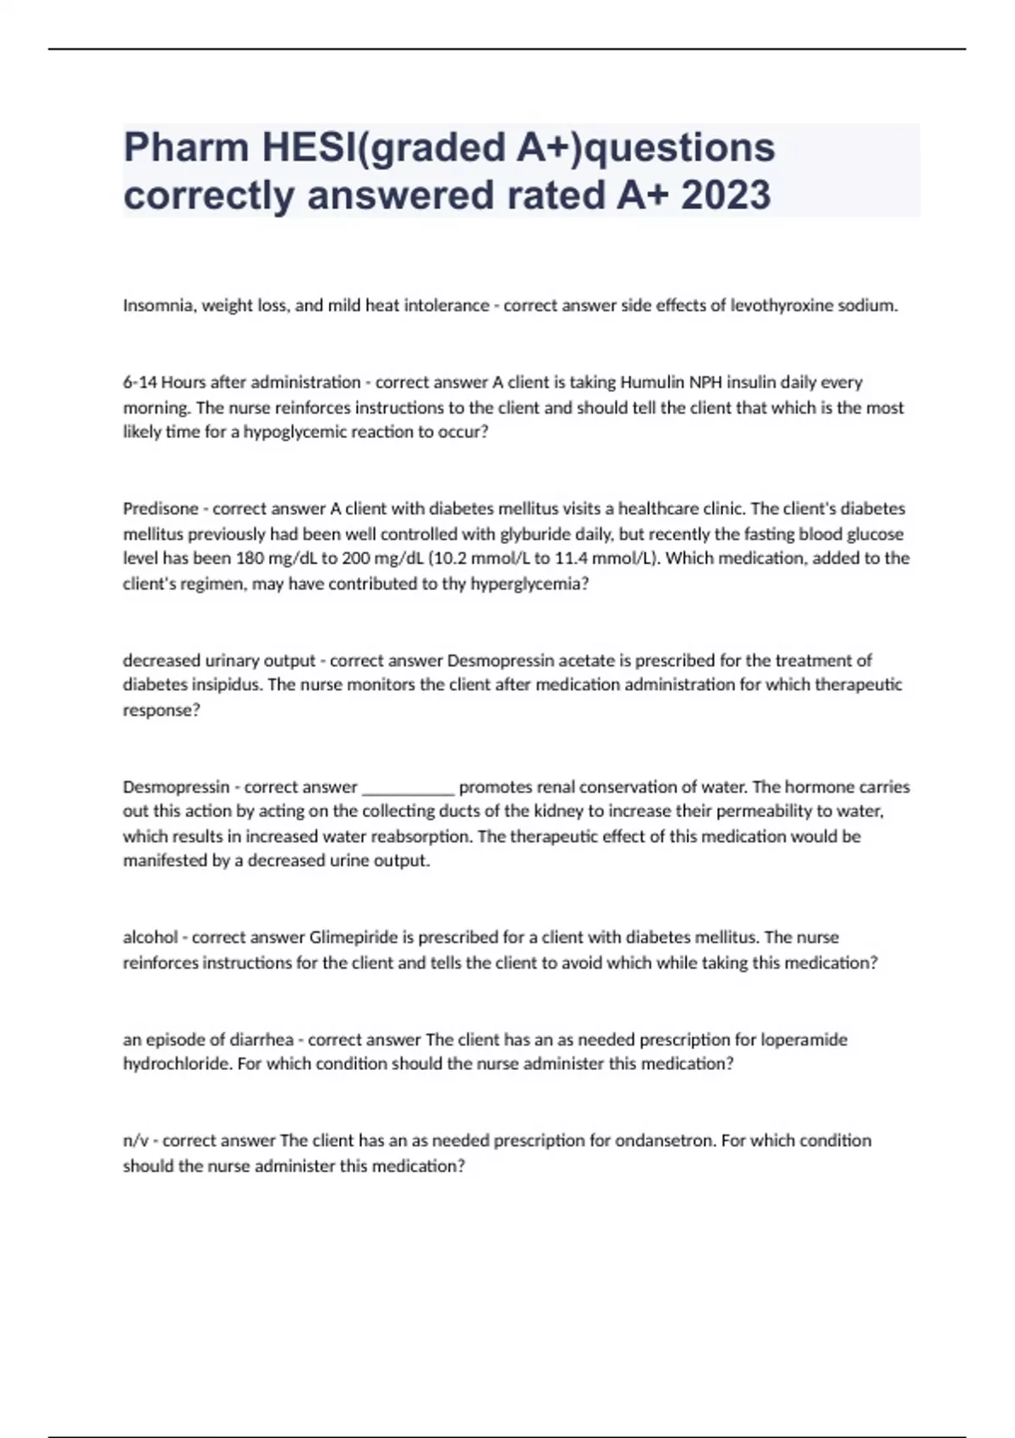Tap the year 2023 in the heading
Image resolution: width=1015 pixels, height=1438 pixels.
[726, 195]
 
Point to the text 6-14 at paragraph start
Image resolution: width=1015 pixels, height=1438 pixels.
[140, 382]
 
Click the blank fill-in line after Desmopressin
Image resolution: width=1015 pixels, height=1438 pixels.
[408, 788]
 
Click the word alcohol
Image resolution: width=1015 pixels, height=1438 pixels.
[151, 937]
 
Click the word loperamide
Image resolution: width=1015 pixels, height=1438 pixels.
[804, 1040]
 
